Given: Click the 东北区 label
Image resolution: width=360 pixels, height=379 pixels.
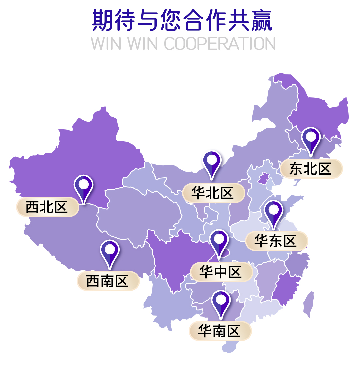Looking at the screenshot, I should coord(311,169).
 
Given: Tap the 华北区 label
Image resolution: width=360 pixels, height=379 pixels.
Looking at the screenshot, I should coord(213,193).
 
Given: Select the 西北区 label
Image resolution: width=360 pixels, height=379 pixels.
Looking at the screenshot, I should coord(47,207).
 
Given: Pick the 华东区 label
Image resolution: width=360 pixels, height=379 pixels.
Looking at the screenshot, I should coord(276,241).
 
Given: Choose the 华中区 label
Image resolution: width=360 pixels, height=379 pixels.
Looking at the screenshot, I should coord(221,272).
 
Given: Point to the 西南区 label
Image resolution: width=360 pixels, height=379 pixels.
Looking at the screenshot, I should coord(108,281).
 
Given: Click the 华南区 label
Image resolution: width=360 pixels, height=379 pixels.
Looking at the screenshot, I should coord(220,331).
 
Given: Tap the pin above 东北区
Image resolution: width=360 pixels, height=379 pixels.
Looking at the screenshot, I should coord(311,137).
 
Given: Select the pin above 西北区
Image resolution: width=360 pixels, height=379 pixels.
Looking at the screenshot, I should coord(83,185).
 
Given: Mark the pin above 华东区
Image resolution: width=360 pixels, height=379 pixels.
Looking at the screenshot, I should coord(273,211).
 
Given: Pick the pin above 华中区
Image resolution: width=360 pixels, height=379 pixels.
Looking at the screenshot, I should coord(219,240).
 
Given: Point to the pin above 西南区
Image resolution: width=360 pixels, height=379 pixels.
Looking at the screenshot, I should coord(110,250).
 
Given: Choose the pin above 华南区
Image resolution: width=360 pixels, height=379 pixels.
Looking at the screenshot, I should coord(221,300).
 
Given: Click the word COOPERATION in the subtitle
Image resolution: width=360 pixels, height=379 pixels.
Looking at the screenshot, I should coord(220,44).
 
